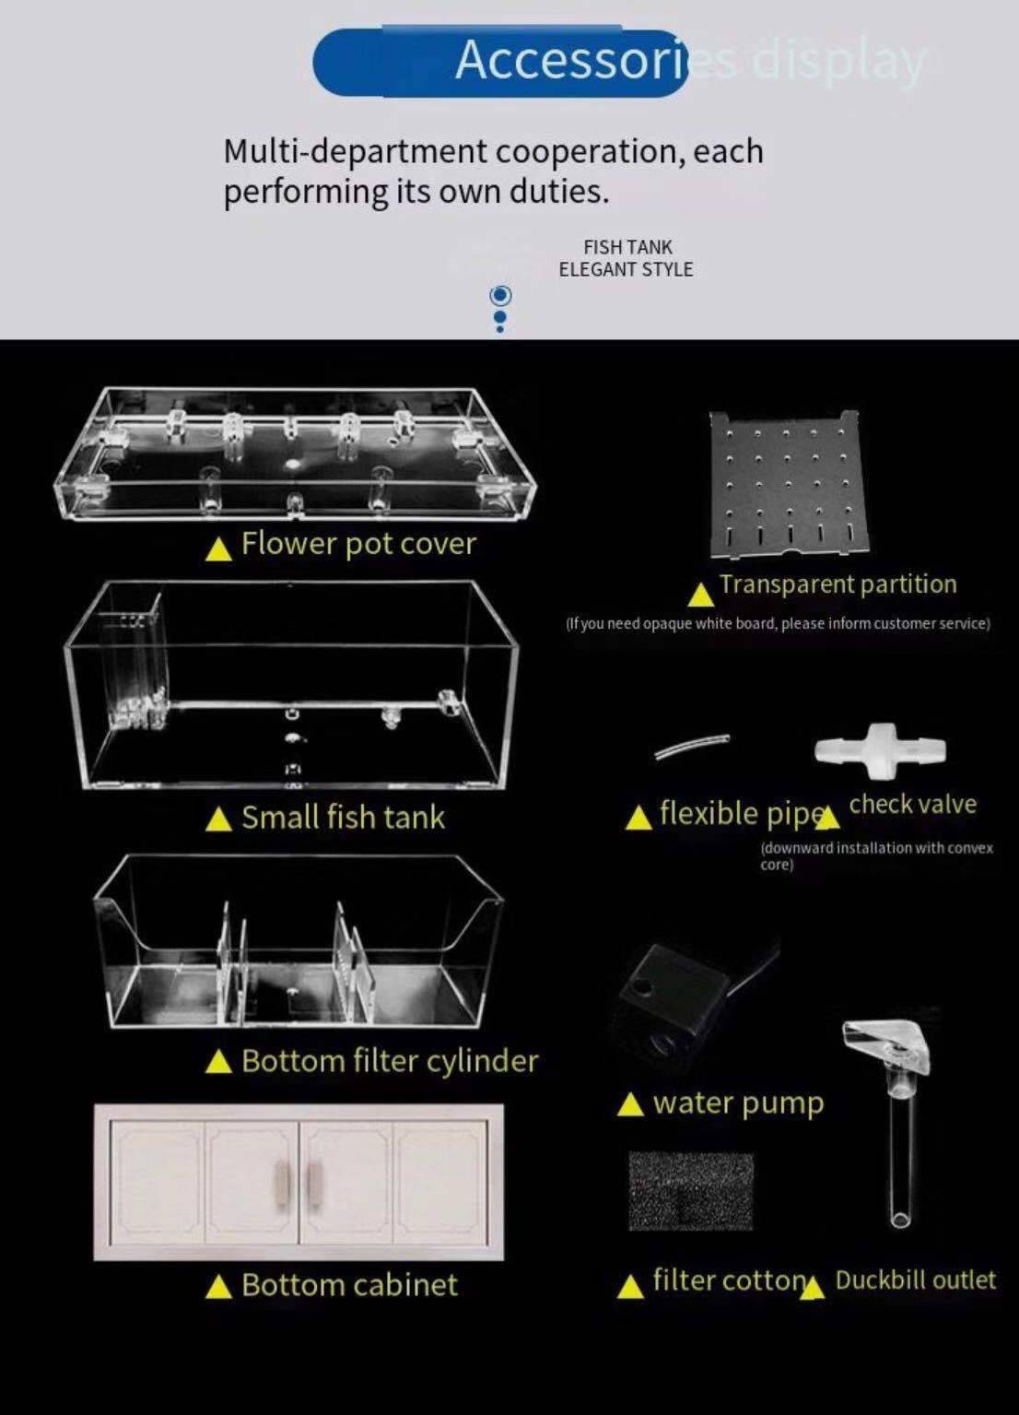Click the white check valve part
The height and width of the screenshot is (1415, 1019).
pos(880,749)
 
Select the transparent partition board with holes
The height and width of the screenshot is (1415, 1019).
pos(789,485)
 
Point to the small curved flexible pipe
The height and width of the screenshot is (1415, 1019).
pos(691,746)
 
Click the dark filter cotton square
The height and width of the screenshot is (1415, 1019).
pos(690,1190)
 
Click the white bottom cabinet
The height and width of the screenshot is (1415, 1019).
pos(299,1182)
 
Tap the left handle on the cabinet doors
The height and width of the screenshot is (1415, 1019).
pos(282,1182)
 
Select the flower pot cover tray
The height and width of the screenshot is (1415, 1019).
pos(295,452)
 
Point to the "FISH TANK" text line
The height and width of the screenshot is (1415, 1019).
pos(627,247)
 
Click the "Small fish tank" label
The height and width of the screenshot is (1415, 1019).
pos(343,818)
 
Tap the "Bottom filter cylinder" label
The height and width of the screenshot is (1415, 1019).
pos(390,1061)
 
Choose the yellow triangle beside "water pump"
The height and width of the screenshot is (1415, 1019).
pos(630,1104)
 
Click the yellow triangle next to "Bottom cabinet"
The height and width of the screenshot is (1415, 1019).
pos(218,1287)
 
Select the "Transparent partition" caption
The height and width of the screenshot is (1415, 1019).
pos(837,584)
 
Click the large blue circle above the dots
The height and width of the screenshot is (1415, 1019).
pos(500,295)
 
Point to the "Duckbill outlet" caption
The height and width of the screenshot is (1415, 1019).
pos(915,1280)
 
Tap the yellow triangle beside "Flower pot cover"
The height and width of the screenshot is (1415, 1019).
pos(218,549)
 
